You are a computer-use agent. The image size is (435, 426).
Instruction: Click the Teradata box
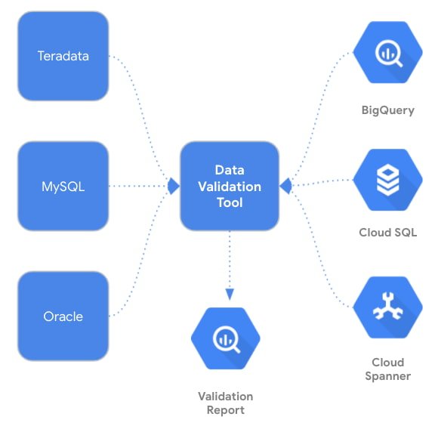point(63,56)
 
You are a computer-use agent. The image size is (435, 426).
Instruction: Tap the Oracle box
point(63,316)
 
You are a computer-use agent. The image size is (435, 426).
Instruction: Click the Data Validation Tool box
point(229,186)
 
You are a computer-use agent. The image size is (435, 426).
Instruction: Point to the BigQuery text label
point(387,110)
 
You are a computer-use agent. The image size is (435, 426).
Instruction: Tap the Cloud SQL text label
point(387,233)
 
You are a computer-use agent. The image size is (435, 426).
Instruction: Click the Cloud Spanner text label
point(387,369)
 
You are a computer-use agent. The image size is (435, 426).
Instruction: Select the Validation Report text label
point(225,403)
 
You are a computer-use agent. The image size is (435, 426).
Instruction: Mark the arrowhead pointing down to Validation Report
point(229,294)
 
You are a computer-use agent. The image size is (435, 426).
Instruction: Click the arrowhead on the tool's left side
point(173,185)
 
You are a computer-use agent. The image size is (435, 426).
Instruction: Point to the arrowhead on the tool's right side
point(285,185)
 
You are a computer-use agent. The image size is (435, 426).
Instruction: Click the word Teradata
point(63,56)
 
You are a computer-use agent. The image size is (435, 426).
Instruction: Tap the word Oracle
point(63,316)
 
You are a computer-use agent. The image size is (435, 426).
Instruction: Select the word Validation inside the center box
point(229,186)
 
